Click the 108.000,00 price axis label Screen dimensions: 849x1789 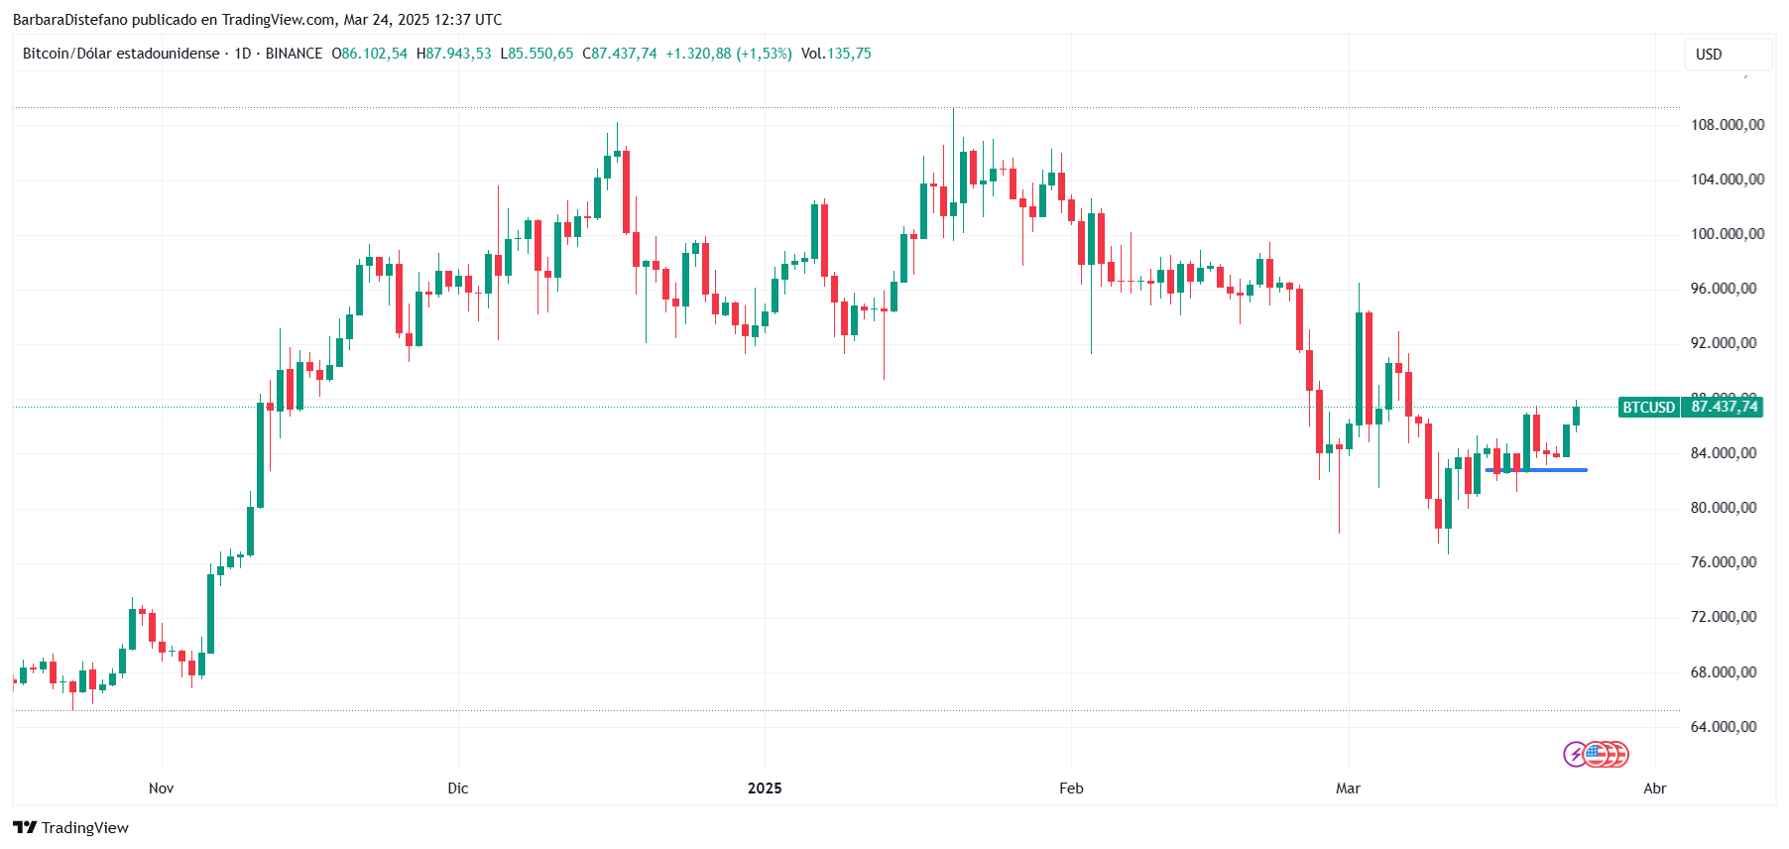coord(1727,125)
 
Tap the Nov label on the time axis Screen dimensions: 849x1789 coord(161,788)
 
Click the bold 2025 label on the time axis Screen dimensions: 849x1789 coord(765,788)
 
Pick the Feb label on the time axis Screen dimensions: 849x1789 coord(1071,788)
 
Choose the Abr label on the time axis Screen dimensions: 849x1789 coord(1654,788)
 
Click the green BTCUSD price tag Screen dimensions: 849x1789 coord(1648,408)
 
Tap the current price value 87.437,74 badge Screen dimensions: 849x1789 coord(1724,407)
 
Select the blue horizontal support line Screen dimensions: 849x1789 coord(1536,470)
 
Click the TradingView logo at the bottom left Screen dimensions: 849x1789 coord(71,828)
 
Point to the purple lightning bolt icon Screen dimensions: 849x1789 coord(1575,755)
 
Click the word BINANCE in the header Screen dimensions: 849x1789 coord(294,54)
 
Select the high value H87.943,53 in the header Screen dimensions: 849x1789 coord(453,54)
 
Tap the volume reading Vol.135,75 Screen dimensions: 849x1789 coord(836,54)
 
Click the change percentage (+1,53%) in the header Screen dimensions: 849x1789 coord(764,54)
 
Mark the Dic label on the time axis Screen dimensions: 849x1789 coord(457,788)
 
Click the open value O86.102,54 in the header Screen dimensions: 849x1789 coord(369,54)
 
